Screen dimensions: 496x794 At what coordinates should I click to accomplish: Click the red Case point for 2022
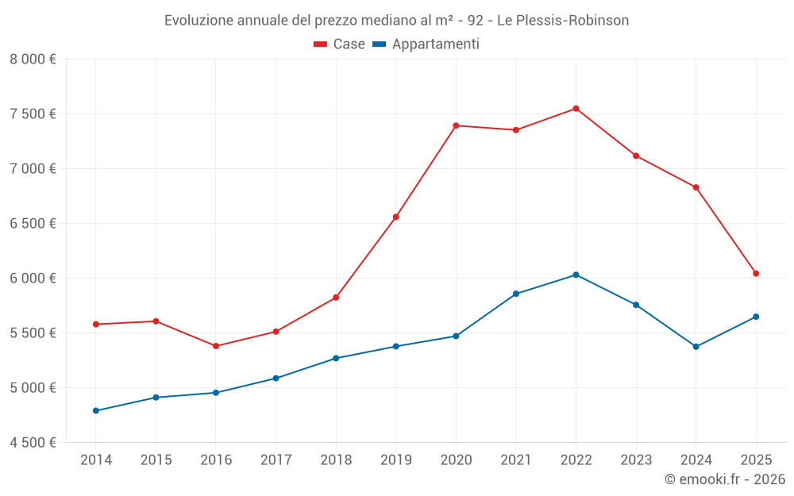coord(576,109)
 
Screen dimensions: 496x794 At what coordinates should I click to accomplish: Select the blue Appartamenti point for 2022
coord(576,275)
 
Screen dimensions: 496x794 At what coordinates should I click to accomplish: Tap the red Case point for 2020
coord(456,125)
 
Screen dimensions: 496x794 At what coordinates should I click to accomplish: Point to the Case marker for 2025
coord(756,273)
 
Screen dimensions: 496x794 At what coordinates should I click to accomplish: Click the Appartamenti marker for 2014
coord(96,410)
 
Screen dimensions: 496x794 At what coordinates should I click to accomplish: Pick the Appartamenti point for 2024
coord(696,347)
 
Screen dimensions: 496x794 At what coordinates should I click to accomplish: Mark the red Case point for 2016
coord(216,346)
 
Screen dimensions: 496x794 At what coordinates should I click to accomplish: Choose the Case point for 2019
coord(396,217)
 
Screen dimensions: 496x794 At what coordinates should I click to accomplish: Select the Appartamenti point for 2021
coord(516,294)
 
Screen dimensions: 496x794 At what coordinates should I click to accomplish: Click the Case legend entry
coord(340,44)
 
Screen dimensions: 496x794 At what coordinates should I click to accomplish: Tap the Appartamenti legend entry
coord(426,44)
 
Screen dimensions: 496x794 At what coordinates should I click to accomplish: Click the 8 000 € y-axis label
coord(33,59)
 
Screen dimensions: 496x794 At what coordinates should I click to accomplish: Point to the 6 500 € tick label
coord(33,223)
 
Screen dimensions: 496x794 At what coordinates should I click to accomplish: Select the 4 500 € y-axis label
coord(33,442)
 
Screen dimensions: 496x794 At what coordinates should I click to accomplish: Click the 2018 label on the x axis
coord(336,459)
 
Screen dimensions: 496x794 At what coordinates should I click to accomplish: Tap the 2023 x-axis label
coord(636,459)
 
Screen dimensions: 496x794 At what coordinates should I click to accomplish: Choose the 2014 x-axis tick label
coord(96,459)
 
